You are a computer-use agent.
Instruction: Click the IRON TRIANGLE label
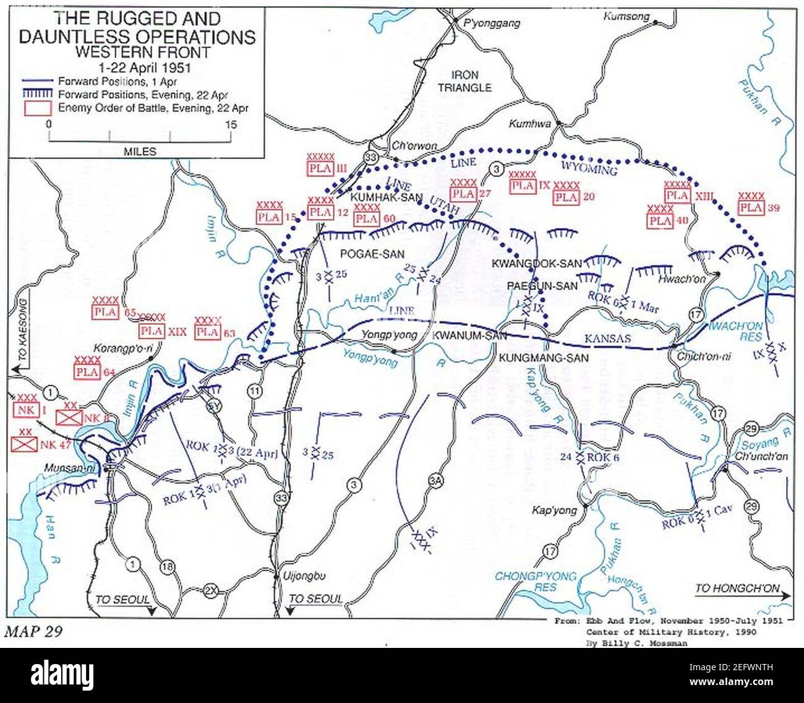click(x=464, y=80)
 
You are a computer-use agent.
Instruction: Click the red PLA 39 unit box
click(x=751, y=208)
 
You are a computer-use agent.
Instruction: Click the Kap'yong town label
click(x=554, y=511)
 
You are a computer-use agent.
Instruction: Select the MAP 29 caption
click(x=33, y=631)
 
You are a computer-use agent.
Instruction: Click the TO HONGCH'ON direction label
click(x=737, y=588)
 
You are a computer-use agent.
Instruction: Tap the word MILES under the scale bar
click(x=140, y=151)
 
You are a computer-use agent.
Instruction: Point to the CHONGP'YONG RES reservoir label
click(x=536, y=581)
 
